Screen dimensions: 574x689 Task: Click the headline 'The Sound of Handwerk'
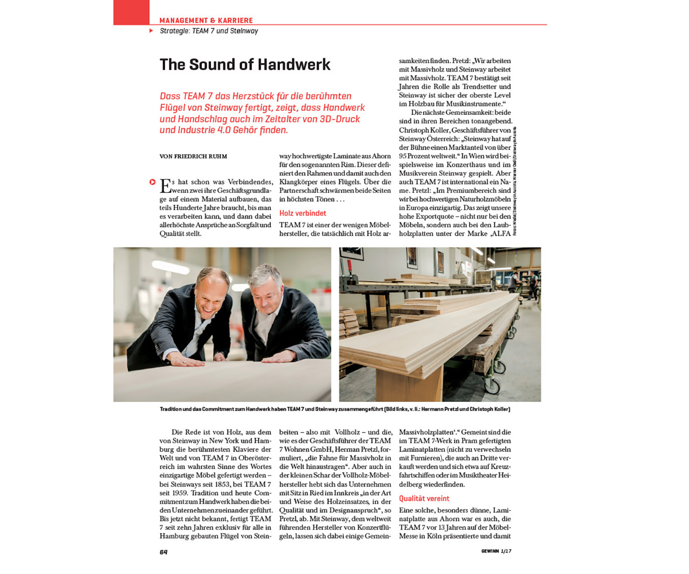click(244, 65)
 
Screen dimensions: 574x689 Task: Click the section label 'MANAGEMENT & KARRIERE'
click(206, 21)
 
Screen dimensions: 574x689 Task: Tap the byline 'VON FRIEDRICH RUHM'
click(193, 156)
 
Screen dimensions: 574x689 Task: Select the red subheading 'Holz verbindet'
click(302, 213)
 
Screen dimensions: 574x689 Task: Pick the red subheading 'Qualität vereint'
click(424, 498)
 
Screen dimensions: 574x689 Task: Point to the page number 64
click(164, 552)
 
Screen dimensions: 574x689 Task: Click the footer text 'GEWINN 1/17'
click(496, 551)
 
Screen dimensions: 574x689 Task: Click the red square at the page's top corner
click(131, 12)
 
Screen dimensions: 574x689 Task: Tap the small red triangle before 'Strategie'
click(151, 31)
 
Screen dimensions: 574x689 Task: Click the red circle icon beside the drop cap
click(152, 182)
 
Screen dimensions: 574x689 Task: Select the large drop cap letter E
click(165, 186)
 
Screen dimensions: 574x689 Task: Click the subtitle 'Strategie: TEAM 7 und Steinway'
click(209, 31)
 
